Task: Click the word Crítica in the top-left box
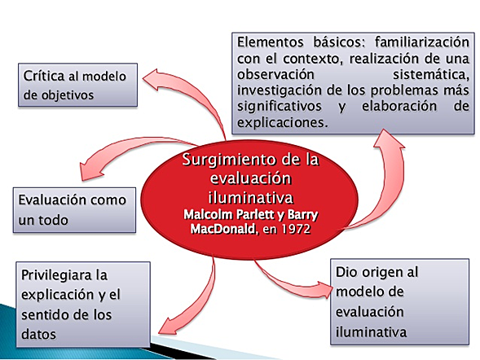(45, 74)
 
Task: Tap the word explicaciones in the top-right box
(280, 124)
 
